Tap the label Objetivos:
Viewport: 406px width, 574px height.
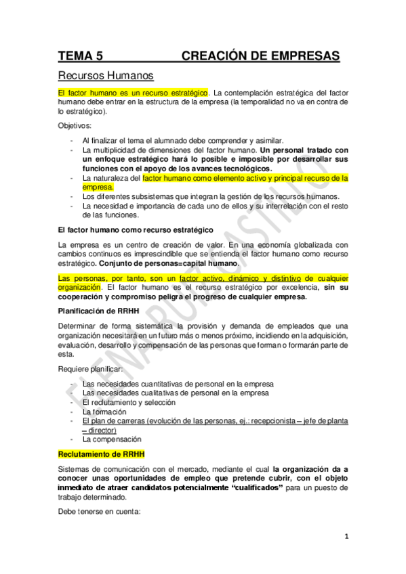77,125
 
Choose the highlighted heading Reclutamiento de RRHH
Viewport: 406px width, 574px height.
100,453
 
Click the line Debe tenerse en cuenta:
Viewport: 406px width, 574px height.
99,511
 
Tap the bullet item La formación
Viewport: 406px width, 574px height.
103,411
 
